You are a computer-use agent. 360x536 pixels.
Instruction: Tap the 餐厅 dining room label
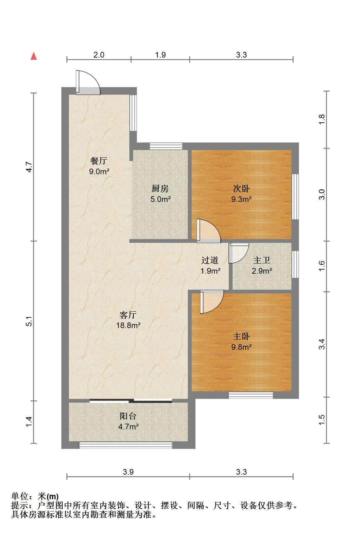click(x=98, y=160)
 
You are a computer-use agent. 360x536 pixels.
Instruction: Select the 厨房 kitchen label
click(x=160, y=188)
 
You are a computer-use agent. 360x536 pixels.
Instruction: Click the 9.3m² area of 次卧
click(x=241, y=199)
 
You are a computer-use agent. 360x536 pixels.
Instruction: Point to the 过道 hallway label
click(x=210, y=260)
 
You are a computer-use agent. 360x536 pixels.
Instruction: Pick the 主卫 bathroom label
click(x=262, y=260)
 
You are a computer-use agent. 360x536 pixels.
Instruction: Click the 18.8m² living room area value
click(x=128, y=325)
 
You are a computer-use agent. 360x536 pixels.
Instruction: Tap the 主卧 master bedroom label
click(x=241, y=337)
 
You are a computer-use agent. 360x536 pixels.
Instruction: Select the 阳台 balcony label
click(x=128, y=416)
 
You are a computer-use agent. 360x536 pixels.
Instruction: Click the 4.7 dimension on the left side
click(x=29, y=167)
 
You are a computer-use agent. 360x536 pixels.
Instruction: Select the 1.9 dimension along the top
click(x=160, y=55)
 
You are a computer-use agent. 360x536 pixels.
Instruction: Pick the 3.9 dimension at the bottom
click(x=128, y=472)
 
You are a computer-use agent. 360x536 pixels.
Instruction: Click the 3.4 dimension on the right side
click(x=322, y=344)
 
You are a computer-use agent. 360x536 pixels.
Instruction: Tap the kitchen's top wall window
click(x=166, y=146)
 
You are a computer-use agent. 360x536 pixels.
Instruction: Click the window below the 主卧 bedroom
click(x=250, y=395)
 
